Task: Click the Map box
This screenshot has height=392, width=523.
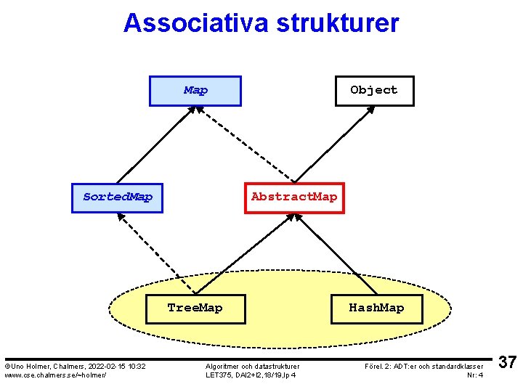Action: tap(195, 91)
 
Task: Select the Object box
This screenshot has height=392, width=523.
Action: tap(373, 91)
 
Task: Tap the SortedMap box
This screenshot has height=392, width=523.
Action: tap(117, 197)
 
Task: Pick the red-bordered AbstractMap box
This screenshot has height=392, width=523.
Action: tap(293, 197)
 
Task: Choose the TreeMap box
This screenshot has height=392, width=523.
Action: tap(195, 308)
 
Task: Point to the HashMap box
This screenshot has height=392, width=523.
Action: tap(376, 308)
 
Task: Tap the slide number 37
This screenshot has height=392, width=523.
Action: tap(508, 363)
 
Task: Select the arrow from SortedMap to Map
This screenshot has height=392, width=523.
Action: tap(155, 144)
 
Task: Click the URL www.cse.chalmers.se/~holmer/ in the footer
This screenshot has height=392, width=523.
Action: tap(55, 375)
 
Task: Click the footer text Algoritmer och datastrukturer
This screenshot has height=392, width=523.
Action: tap(252, 366)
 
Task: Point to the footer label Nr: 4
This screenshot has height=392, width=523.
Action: tap(475, 375)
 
